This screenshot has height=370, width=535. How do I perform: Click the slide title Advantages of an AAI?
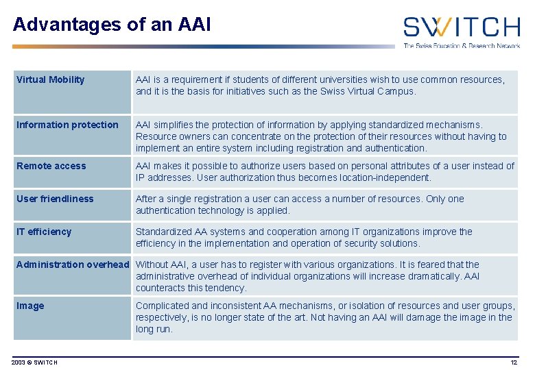(112, 25)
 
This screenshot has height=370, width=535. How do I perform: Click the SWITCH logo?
(461, 27)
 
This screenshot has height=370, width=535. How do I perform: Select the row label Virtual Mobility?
(51, 79)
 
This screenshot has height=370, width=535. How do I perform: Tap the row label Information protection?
(67, 125)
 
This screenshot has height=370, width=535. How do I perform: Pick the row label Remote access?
(51, 166)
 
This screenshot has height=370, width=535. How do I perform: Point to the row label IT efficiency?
(44, 232)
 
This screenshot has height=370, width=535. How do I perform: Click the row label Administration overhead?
(73, 264)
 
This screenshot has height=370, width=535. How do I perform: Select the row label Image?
(30, 306)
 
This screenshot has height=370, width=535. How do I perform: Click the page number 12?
(514, 362)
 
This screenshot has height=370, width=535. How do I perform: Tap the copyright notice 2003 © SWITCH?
(34, 362)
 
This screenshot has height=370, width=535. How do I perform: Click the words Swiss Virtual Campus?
(368, 91)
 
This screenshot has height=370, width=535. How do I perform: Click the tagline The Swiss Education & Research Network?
(461, 45)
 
